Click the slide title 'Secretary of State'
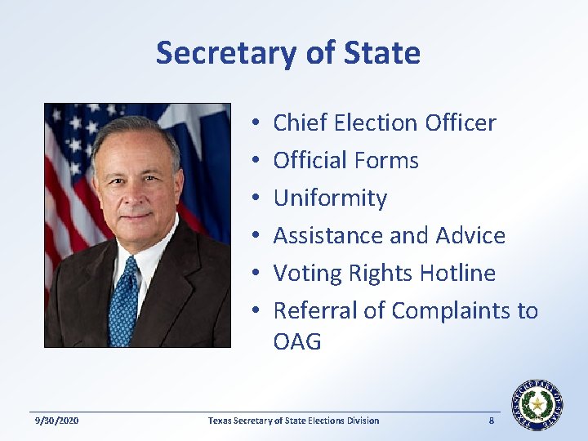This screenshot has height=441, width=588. pyautogui.click(x=287, y=53)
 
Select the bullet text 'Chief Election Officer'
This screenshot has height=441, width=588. pyautogui.click(x=384, y=122)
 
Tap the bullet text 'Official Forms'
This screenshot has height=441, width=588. pyautogui.click(x=345, y=160)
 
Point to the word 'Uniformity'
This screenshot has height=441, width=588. pyautogui.click(x=330, y=198)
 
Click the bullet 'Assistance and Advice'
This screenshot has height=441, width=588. pyautogui.click(x=389, y=235)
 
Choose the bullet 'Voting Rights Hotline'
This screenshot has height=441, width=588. pyautogui.click(x=384, y=273)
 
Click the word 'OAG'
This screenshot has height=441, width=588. pyautogui.click(x=297, y=341)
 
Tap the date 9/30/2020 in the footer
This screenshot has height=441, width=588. pyautogui.click(x=57, y=421)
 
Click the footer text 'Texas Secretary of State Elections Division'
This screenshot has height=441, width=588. pyautogui.click(x=293, y=421)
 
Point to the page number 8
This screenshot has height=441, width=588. pyautogui.click(x=491, y=421)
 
